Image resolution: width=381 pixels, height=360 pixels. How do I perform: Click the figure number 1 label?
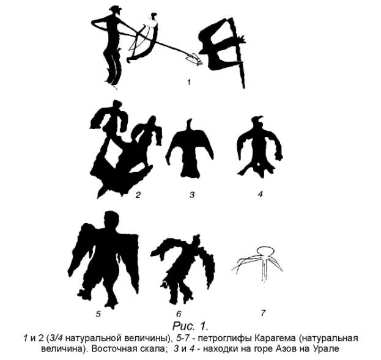189,82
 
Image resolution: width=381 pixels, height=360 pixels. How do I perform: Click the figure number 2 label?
138,195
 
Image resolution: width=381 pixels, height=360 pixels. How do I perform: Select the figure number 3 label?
192,194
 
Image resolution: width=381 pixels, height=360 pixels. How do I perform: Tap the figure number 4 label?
261,194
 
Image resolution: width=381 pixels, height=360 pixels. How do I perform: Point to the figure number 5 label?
98,314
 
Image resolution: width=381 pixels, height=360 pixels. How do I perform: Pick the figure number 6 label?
179,314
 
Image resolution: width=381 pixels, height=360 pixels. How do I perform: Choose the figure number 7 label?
263,313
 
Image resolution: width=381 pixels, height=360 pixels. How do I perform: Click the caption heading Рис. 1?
190,326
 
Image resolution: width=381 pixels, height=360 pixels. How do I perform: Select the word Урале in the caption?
327,349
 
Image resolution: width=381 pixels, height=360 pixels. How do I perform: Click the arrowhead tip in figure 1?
202,64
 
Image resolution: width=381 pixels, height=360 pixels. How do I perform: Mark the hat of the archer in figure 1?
115,9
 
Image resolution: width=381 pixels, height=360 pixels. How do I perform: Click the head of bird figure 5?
111,219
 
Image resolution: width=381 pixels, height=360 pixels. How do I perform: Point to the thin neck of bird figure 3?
190,125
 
